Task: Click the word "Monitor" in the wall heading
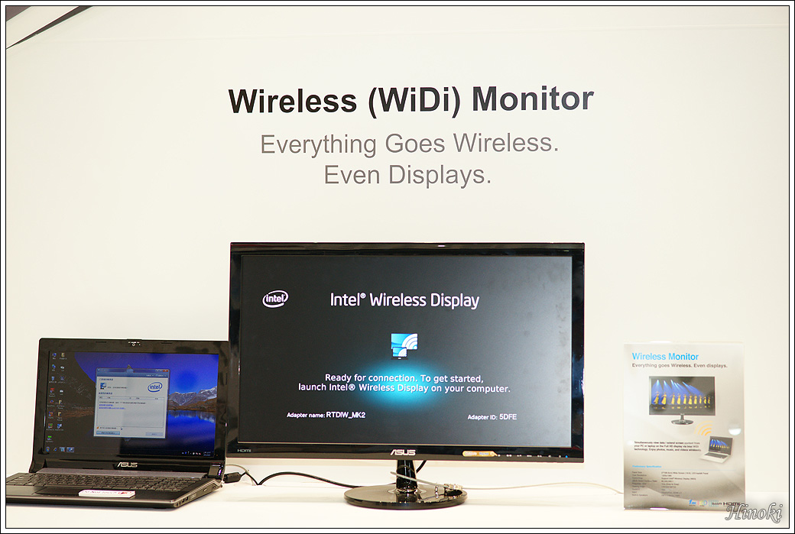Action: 532,99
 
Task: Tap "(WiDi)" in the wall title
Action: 414,101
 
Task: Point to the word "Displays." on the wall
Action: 440,175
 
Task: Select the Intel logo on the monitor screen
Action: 275,299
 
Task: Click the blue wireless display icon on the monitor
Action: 404,345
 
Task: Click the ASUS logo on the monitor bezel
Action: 404,452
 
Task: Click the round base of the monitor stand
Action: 404,496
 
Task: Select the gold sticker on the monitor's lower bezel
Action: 478,453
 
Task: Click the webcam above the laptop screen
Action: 135,343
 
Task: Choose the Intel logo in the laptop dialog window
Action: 154,387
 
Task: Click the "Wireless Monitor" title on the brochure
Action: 665,357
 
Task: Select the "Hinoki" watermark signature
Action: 754,513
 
